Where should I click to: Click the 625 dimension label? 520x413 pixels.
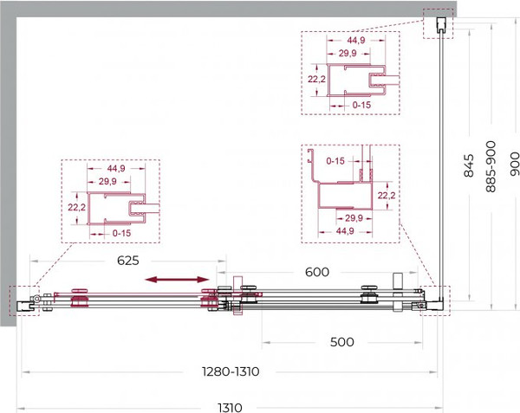(128, 261)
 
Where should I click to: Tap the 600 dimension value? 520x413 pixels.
(317, 272)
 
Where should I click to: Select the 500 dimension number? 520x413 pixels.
(342, 342)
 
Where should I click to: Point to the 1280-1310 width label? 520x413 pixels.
(231, 371)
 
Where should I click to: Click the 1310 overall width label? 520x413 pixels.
(230, 407)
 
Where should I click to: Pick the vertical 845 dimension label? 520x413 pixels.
(469, 165)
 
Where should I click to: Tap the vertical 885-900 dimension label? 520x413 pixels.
(491, 166)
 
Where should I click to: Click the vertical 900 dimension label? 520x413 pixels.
(515, 164)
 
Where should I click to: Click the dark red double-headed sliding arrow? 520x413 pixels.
(178, 280)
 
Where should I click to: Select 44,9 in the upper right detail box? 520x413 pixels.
(356, 40)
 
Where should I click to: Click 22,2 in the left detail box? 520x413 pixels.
(77, 207)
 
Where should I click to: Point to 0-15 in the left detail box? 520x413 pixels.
(121, 233)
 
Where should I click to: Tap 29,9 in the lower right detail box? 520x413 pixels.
(354, 218)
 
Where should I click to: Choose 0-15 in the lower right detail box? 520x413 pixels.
(335, 161)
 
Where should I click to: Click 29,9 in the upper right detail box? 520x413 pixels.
(348, 53)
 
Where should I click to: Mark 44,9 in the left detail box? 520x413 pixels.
(116, 168)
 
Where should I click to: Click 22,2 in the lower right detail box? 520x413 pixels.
(387, 196)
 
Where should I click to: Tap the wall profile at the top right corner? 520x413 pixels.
(440, 25)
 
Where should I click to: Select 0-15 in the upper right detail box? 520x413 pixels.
(361, 105)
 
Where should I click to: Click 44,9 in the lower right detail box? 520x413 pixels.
(345, 231)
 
